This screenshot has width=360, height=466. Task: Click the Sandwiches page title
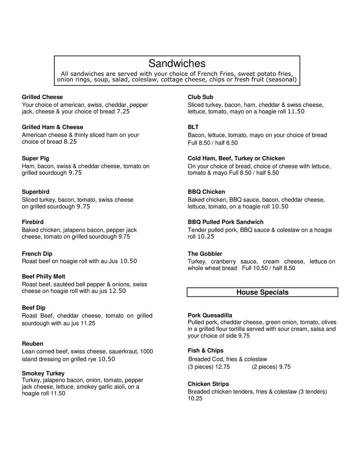tap(177, 63)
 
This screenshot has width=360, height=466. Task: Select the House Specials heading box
tap(262, 292)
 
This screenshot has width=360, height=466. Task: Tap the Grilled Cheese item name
tap(42, 97)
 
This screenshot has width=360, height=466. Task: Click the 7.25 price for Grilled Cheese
tap(123, 112)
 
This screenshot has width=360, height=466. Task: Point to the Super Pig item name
tap(35, 158)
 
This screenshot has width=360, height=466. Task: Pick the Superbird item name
tap(36, 192)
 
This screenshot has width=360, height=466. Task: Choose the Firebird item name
tap(32, 222)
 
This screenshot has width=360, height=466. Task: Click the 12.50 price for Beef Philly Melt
tap(117, 291)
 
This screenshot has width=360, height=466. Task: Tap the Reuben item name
tap(32, 344)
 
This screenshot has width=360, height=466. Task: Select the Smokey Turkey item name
tap(43, 373)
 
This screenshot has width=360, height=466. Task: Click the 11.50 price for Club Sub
tap(296, 112)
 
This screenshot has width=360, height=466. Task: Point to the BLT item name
tap(193, 127)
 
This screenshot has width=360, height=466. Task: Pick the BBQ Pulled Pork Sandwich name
tap(225, 222)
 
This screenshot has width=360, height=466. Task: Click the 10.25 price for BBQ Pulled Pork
tap(206, 237)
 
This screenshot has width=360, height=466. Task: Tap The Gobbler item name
tap(205, 254)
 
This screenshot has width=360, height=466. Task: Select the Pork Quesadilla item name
tap(210, 315)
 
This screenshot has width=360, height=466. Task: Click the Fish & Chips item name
tap(206, 351)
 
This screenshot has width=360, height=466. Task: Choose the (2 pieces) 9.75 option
tap(271, 367)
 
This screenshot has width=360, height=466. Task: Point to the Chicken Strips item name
tap(208, 384)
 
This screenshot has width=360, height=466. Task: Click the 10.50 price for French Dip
tap(128, 261)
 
